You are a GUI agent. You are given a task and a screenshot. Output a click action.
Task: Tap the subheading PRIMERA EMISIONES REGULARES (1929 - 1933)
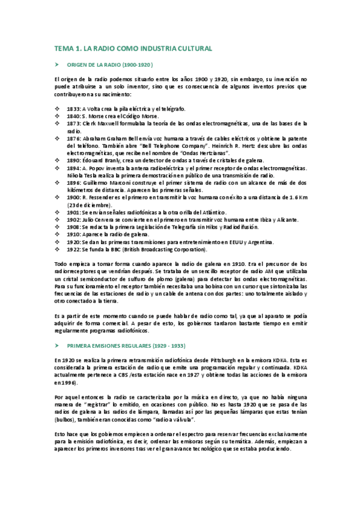point(126,346)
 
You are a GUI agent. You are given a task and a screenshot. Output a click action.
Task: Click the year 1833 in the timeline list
point(74,108)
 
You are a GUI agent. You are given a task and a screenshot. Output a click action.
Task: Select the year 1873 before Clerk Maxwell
point(74,123)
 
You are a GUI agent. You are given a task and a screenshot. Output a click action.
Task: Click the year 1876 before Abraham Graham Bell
point(74,138)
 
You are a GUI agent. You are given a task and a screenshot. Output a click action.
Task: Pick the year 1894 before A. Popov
point(74,168)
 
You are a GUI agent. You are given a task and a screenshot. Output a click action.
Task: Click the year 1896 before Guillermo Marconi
point(74,182)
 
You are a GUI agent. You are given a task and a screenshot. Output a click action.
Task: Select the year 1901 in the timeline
point(74,212)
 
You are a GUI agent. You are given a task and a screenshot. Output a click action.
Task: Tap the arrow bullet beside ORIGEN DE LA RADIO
point(56,64)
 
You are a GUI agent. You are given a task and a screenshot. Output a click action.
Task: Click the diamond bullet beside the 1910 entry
point(56,235)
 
